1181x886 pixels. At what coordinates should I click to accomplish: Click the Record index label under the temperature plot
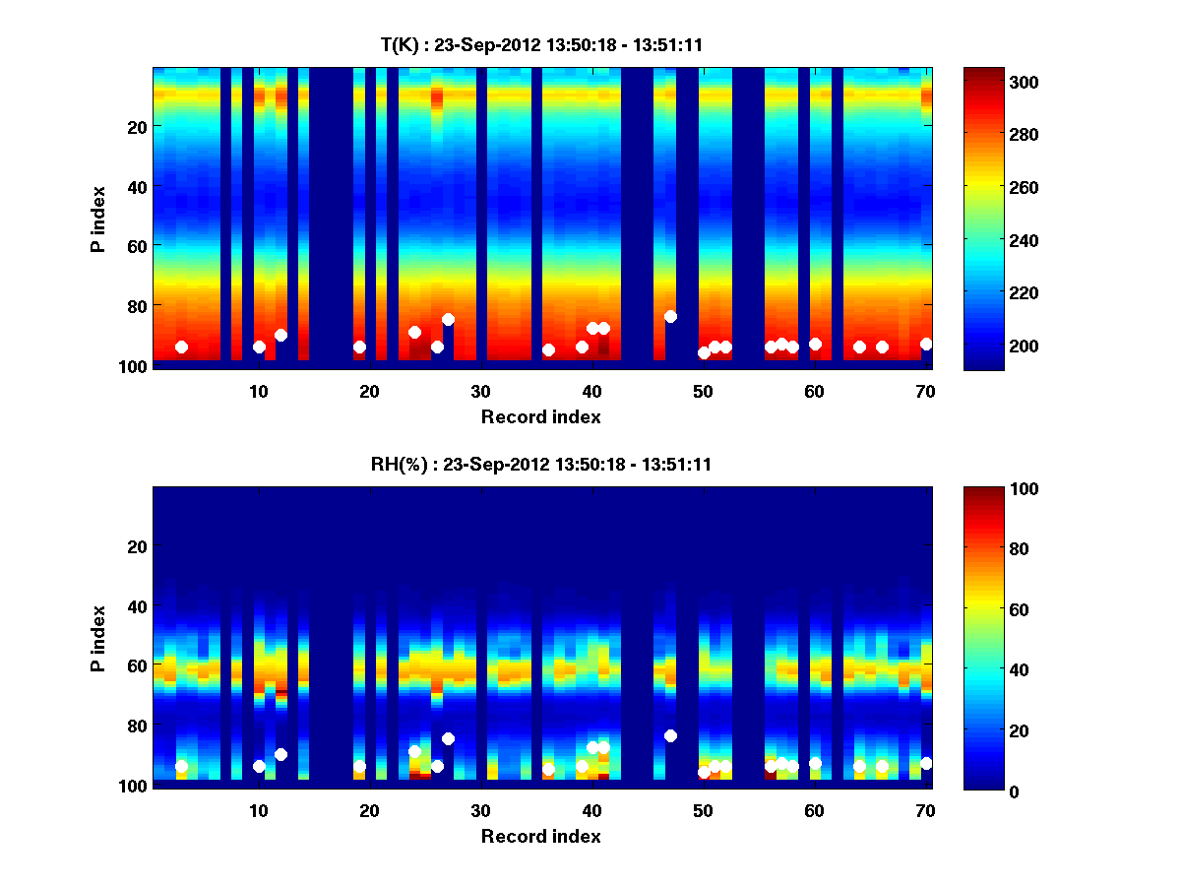point(540,416)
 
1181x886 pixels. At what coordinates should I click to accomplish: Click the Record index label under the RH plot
point(540,836)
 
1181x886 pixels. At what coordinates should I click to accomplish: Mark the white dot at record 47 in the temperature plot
point(670,316)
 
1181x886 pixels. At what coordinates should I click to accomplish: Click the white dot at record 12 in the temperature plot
point(280,335)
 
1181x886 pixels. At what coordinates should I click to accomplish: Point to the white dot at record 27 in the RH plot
point(448,738)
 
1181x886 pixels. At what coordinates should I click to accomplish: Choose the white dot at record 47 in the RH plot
point(670,735)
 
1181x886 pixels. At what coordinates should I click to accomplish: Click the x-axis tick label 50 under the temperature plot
point(703,391)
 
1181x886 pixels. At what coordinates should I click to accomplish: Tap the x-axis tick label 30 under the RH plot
point(480,810)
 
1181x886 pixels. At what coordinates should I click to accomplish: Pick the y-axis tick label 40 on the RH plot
point(137,606)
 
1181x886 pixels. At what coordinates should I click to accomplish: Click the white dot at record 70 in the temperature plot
point(926,344)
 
